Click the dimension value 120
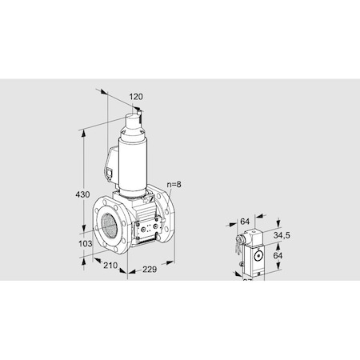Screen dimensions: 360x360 click(x=137, y=97)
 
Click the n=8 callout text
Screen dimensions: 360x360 click(x=175, y=186)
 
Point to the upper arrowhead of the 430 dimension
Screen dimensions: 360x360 click(x=83, y=128)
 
